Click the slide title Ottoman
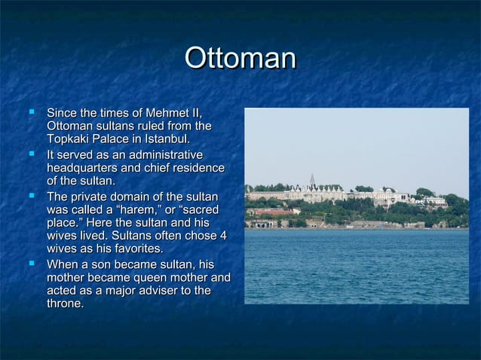click(240, 59)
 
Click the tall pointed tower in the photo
click(312, 181)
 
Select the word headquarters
click(84, 168)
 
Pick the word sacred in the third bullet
click(207, 209)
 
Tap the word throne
click(65, 304)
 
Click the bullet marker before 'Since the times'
click(32, 112)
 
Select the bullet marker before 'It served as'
click(32, 154)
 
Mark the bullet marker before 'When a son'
click(32, 264)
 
